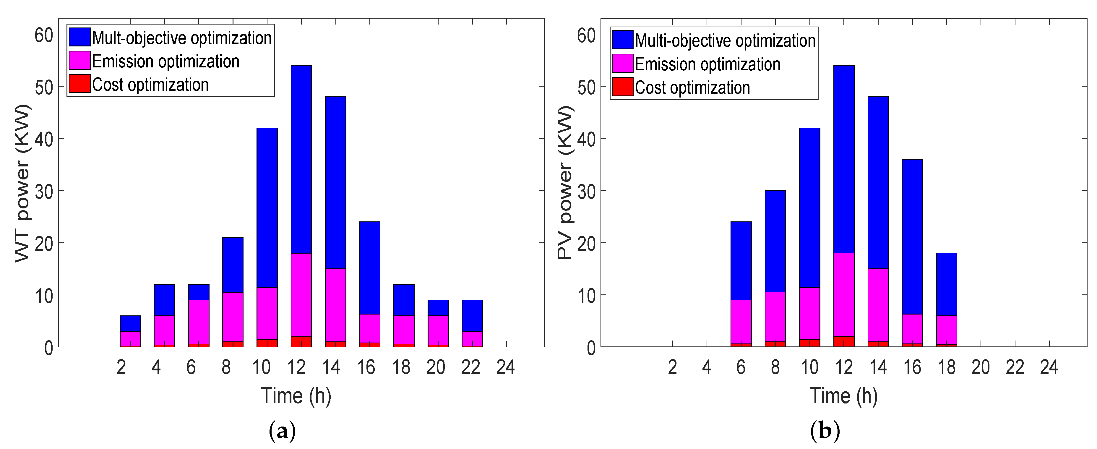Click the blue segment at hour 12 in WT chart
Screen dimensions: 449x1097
point(301,159)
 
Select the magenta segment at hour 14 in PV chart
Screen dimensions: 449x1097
point(878,305)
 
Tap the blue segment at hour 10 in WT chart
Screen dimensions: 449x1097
point(267,208)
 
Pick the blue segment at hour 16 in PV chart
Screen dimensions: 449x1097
point(912,236)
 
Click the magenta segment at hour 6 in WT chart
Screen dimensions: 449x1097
point(199,322)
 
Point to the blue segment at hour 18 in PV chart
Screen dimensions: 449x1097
point(946,284)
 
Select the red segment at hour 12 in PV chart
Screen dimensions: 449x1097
point(844,342)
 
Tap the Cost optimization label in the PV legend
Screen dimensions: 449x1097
point(692,88)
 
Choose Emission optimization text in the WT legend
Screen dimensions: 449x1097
point(166,61)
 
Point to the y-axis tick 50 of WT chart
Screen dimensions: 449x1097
point(43,87)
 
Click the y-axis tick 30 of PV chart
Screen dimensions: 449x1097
point(586,191)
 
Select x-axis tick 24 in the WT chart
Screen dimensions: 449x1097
point(505,367)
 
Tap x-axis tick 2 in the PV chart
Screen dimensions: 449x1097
point(672,367)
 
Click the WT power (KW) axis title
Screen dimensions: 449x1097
point(22,183)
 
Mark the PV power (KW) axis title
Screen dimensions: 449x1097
point(565,183)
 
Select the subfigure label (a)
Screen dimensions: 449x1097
point(282,432)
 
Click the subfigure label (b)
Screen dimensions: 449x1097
point(825,432)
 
